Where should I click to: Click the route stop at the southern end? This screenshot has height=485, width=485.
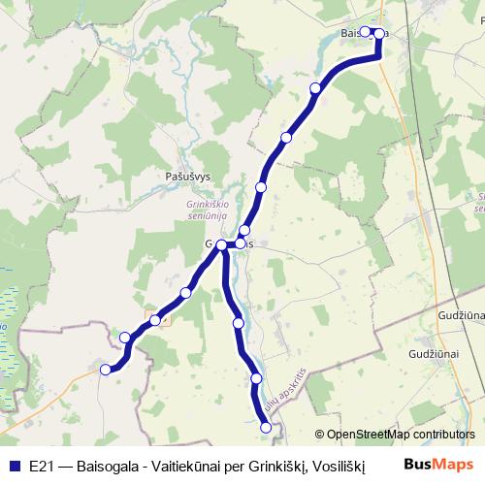point(267,426)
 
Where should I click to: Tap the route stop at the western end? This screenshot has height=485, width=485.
point(106,369)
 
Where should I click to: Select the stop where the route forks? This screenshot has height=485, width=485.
point(222,245)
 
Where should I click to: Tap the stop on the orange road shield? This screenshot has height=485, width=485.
point(155,320)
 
